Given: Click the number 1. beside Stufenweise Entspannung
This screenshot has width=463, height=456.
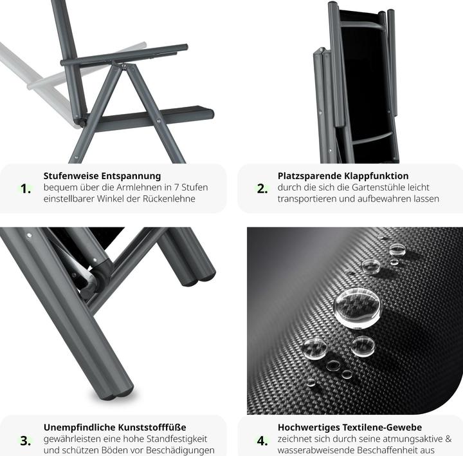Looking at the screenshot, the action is [26, 189].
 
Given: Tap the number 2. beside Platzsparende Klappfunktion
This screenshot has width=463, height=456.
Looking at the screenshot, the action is [262, 189].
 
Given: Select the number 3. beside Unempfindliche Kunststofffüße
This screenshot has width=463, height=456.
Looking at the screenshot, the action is [26, 441].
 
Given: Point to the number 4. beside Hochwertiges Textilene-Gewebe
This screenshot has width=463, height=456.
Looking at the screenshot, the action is [262, 441].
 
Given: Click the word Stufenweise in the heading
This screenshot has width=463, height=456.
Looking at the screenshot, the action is [71, 176].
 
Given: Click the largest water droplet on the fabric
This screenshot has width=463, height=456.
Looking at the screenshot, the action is [357, 308].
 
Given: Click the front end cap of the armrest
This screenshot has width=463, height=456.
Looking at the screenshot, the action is [185, 48].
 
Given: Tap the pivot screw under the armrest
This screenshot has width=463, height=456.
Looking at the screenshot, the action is [124, 66].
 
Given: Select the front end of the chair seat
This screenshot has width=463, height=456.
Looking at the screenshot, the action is [210, 114].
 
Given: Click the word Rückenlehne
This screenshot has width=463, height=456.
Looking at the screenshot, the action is [169, 199].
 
